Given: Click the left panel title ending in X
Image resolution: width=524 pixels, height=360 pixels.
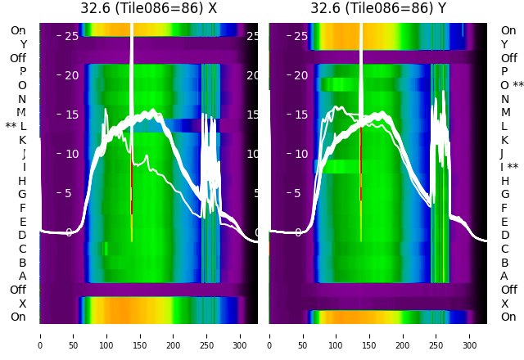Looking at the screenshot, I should pyautogui.click(x=148, y=8).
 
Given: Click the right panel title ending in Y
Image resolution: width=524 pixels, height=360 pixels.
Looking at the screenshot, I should pyautogui.click(x=377, y=8).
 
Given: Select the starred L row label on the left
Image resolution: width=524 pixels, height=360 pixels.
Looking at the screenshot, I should pyautogui.click(x=16, y=126).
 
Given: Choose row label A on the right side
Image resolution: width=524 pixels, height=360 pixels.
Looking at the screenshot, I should pyautogui.click(x=504, y=277).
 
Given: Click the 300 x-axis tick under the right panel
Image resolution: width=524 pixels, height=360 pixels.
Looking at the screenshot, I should pyautogui.click(x=470, y=335).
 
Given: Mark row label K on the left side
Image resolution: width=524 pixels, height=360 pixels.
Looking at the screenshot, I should pyautogui.click(x=22, y=140).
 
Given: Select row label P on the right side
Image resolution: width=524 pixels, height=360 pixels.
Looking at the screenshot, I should pyautogui.click(x=504, y=72).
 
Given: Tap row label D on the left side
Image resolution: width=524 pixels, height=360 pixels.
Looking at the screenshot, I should pyautogui.click(x=22, y=236).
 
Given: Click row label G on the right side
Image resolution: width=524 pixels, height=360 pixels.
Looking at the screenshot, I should pyautogui.click(x=504, y=195).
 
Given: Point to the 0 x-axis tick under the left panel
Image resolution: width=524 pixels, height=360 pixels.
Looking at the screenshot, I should pyautogui.click(x=40, y=335).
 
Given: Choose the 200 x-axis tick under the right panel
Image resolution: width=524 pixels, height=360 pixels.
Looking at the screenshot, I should pyautogui.click(x=403, y=335).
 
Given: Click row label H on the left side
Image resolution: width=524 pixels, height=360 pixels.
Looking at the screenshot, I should pyautogui.click(x=22, y=181).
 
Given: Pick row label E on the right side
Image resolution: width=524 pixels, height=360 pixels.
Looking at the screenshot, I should pyautogui.click(x=504, y=222).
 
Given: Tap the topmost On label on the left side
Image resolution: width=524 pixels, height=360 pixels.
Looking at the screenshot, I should pyautogui.click(x=18, y=31).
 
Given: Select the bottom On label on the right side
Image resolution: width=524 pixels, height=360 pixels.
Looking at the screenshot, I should pyautogui.click(x=508, y=317).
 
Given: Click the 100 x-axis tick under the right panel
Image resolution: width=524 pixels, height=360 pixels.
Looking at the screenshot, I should pyautogui.click(x=336, y=335).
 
